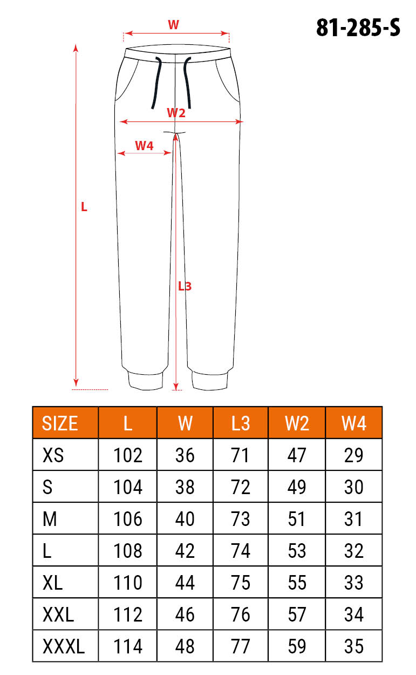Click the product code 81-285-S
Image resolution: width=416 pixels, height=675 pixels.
(x=358, y=28)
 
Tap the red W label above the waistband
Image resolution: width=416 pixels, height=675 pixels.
(x=174, y=25)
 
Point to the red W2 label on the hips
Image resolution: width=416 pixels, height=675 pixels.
(x=176, y=113)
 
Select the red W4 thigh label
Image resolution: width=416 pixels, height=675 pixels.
(x=145, y=146)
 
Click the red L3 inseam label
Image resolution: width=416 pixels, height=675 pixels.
(x=185, y=286)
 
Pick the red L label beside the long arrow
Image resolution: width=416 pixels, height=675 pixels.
(x=84, y=207)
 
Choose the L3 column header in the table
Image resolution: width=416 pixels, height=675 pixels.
(x=241, y=423)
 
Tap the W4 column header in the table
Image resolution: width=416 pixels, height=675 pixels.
(x=354, y=423)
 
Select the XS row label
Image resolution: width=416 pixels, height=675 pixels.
(x=53, y=455)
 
